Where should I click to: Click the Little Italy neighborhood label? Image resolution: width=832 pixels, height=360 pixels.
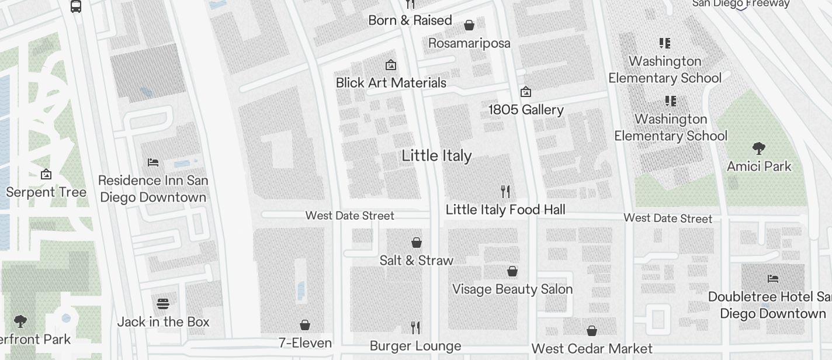(436, 156)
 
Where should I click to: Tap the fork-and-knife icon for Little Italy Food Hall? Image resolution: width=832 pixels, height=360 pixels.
(506, 191)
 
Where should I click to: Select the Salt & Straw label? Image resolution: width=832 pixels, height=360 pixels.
(416, 261)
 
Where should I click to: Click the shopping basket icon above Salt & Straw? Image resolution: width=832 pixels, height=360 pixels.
(417, 242)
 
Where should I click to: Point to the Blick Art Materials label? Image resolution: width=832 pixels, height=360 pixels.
(391, 83)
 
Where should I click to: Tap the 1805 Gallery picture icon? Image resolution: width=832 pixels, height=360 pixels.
(526, 92)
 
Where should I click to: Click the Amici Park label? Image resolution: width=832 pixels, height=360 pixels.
(759, 167)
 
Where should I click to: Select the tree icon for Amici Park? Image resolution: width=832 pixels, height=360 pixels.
(759, 148)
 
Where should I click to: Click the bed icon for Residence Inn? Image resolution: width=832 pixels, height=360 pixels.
(153, 162)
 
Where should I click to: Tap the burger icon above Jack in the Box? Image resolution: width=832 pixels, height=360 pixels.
(163, 303)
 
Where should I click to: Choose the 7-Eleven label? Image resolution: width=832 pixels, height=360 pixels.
(305, 343)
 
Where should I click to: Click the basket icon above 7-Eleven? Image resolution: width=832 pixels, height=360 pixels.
(305, 325)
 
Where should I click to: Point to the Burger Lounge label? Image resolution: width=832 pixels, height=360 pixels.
(415, 346)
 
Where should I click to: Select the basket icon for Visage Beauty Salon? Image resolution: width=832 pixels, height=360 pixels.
(512, 271)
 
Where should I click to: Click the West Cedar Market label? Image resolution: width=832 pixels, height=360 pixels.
(592, 349)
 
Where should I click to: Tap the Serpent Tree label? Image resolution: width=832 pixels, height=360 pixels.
(46, 192)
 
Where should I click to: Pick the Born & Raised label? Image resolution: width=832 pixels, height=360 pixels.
(410, 20)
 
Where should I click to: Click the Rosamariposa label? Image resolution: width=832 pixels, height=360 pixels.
(469, 43)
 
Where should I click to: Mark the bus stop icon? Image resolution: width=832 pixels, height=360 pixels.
(76, 6)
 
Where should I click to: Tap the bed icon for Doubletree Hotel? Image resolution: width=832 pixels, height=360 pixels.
(773, 278)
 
